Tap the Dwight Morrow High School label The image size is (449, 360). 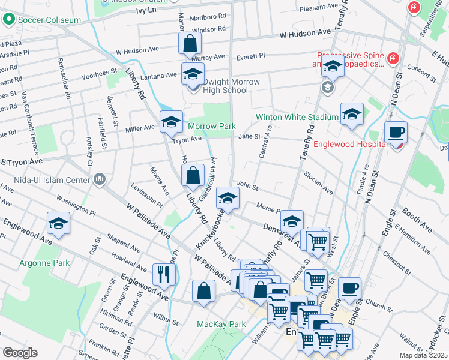pos(223,86)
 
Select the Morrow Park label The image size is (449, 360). pos(211,126)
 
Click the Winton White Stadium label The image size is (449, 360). pos(297,117)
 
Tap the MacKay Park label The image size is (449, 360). pos(221,324)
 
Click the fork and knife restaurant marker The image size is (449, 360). pos(163,275)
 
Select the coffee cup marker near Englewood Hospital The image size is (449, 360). pos(396,132)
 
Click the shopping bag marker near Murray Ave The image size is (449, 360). pos(190,43)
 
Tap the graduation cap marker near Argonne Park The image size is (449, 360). pos(58,223)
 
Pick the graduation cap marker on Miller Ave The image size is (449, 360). pos(171,122)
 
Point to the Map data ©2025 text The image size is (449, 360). pos(424,355)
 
